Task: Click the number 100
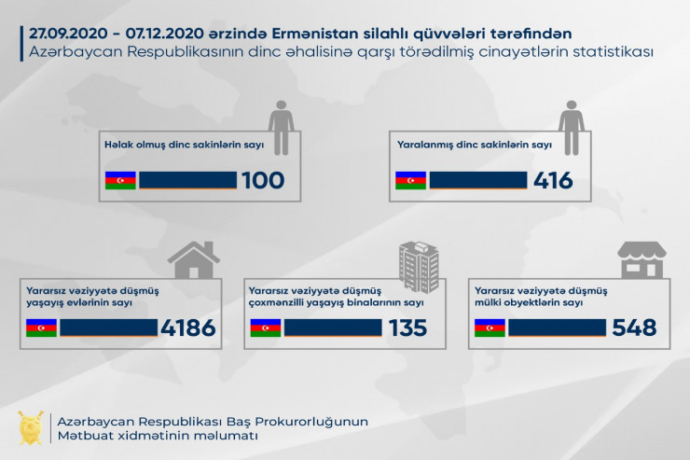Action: coord(263,180)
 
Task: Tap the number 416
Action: coord(553,180)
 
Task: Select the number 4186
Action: coord(187,328)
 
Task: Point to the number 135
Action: coord(408,328)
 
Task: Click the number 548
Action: coord(634,328)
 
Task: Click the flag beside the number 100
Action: coord(120,180)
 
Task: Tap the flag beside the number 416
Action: coord(410,180)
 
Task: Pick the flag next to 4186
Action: coord(42,328)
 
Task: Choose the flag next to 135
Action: coord(266,328)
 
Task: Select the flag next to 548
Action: coord(490,328)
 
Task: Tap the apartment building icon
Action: coord(418,263)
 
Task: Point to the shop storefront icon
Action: coord(642,260)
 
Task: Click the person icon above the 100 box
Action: coord(282,123)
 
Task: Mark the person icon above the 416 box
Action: coord(572,123)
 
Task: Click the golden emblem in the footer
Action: coord(32,428)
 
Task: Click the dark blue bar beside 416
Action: coord(478,180)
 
